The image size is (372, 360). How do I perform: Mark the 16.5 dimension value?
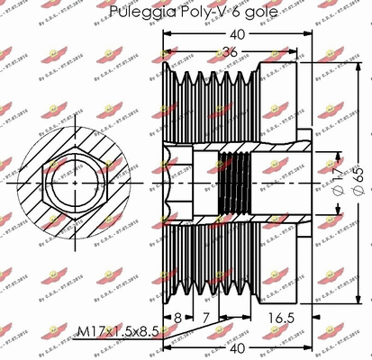(281, 318)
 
